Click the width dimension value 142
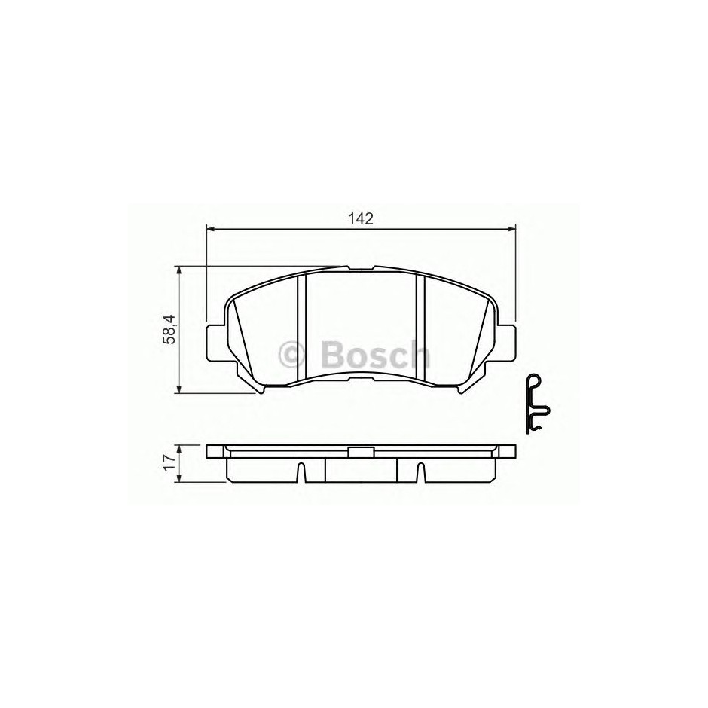[x=362, y=219]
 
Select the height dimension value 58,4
[x=169, y=330]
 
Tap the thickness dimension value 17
[x=169, y=464]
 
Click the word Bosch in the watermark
[x=375, y=355]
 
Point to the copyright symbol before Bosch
[x=292, y=356]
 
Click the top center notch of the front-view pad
[x=362, y=268]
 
